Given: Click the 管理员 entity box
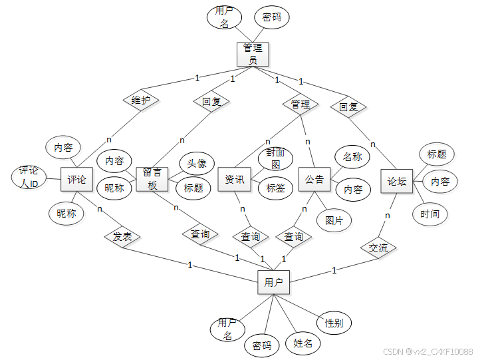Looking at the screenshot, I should pyautogui.click(x=253, y=54).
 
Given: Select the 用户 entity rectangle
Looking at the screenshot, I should pyautogui.click(x=273, y=282).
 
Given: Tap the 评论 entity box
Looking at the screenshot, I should pyautogui.click(x=77, y=180).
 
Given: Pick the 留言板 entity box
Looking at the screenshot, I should pyautogui.click(x=152, y=179).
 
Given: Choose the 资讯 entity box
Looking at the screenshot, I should pyautogui.click(x=234, y=179).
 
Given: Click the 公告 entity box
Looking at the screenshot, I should pyautogui.click(x=314, y=179).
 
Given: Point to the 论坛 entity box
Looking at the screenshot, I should pyautogui.click(x=397, y=180).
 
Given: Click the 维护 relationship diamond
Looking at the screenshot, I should pyautogui.click(x=140, y=100).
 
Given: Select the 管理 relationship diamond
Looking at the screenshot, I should pyautogui.click(x=301, y=104).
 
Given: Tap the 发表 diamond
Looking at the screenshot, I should pyautogui.click(x=122, y=236).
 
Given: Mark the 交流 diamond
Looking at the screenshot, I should pyautogui.click(x=378, y=248).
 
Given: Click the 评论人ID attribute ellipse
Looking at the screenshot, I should pyautogui.click(x=29, y=176).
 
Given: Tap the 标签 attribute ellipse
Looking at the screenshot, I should pyautogui.click(x=275, y=188).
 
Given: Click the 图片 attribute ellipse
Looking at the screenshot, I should pyautogui.click(x=334, y=220).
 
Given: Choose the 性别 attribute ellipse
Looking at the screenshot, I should pyautogui.click(x=334, y=323).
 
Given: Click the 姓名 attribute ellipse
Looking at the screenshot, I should pyautogui.click(x=303, y=343).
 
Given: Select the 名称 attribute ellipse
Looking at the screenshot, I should pyautogui.click(x=352, y=158).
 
